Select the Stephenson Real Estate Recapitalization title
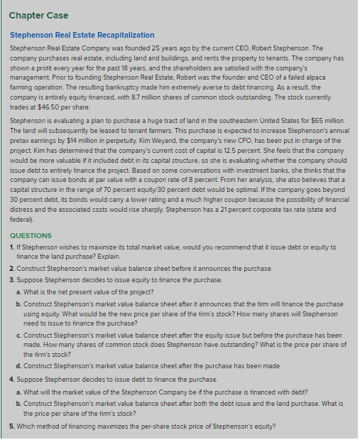(82, 35)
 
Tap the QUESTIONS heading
(31, 235)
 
